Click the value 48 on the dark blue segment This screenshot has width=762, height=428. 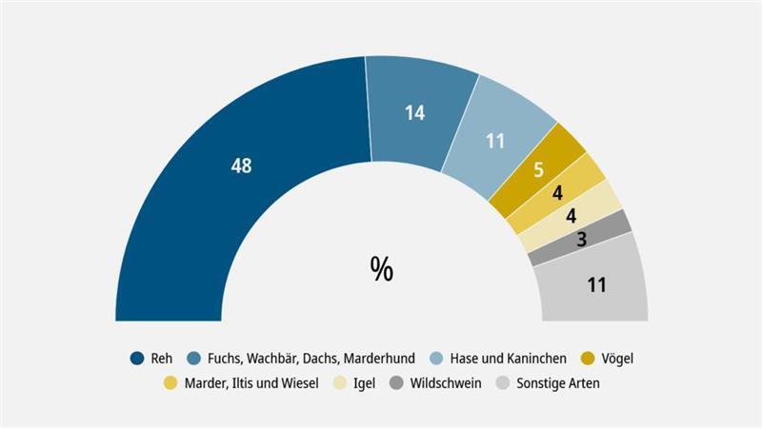[x=241, y=165]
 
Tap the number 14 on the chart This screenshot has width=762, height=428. [x=413, y=112]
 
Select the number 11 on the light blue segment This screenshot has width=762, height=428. [x=494, y=142]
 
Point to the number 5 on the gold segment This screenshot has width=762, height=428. [x=538, y=171]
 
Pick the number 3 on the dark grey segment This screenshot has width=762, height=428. [x=582, y=240]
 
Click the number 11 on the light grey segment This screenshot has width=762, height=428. [x=597, y=284]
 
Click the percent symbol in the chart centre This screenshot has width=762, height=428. [x=381, y=269]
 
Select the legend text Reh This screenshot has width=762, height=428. [x=162, y=359]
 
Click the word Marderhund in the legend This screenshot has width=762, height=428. [x=379, y=359]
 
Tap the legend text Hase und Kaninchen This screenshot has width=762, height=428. [x=511, y=359]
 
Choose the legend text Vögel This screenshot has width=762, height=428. [x=617, y=359]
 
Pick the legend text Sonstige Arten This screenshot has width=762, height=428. [x=557, y=383]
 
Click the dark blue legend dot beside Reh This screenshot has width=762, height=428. [x=137, y=359]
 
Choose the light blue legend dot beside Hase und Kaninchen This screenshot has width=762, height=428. [x=438, y=359]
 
